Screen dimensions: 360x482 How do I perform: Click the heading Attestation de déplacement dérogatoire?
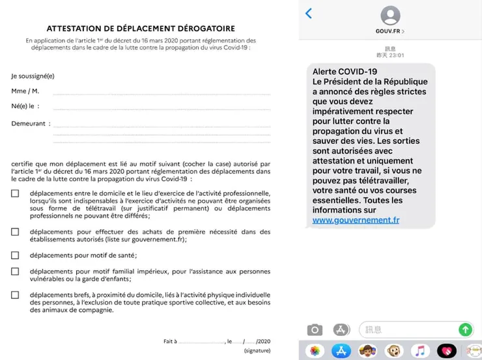140,29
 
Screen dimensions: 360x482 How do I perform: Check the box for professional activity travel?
15,193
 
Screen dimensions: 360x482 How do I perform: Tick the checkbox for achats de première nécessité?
15,232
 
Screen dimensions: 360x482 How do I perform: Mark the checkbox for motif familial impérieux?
15,271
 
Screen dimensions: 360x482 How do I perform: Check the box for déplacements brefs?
15,295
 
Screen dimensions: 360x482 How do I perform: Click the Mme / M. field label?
25,91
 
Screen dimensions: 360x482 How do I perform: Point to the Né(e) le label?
25,106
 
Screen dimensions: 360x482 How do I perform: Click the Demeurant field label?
29,123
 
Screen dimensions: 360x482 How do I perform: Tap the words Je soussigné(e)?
33,76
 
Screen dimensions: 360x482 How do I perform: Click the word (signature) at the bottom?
257,350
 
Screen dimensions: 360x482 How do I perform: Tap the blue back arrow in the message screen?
309,14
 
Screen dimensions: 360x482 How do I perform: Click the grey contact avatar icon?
390,15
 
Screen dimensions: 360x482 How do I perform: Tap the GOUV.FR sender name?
390,31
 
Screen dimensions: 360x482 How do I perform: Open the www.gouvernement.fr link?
356,221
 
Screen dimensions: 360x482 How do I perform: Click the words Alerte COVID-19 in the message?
345,71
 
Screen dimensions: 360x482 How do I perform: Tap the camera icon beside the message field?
315,329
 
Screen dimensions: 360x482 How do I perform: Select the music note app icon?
421,350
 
